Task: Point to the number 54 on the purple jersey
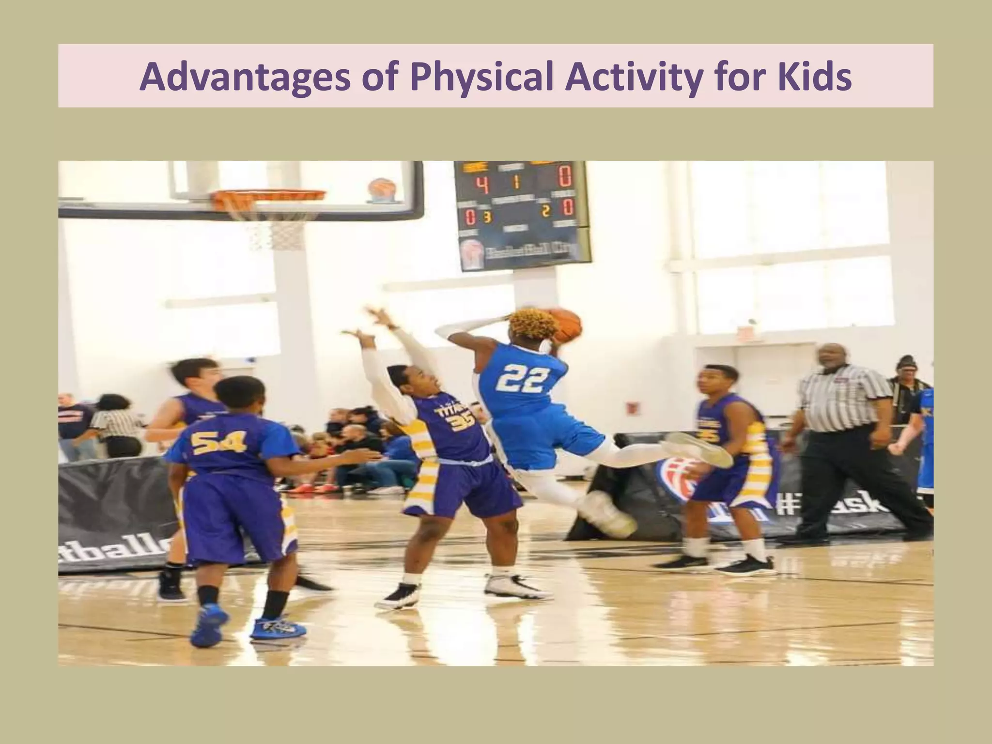coord(218,442)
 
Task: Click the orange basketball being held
coord(567,324)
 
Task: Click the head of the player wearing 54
coord(240,397)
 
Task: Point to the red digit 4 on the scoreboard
coord(480,184)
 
